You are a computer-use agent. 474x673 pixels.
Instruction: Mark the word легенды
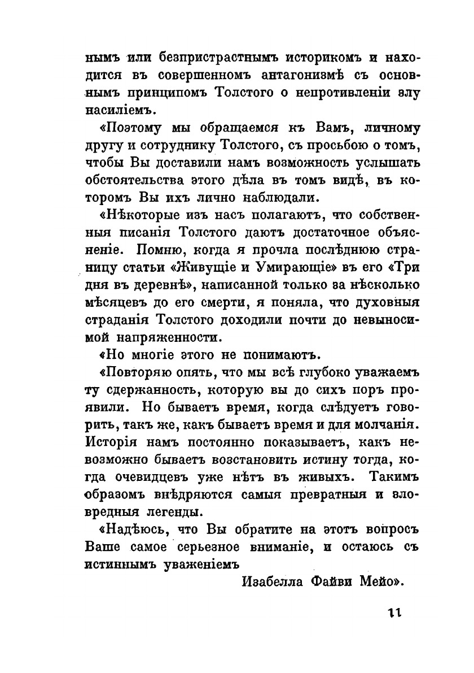169,513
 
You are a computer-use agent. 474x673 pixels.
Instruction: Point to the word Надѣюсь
128,531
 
